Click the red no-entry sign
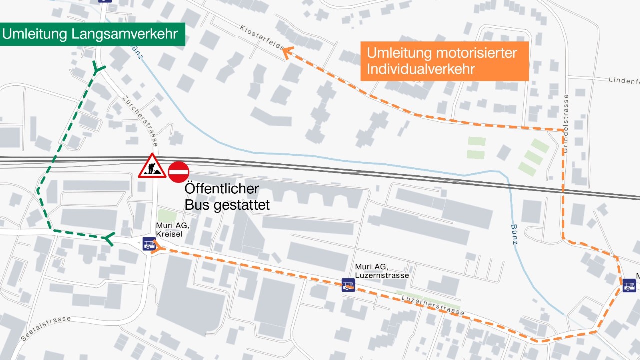point(178,172)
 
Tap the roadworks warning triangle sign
point(152,167)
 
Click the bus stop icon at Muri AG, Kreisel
point(149,243)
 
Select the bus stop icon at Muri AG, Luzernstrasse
point(348,285)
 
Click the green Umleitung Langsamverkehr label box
point(92,34)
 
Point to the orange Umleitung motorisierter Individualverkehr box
point(444,61)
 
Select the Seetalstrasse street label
point(46,329)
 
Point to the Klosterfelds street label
point(261,38)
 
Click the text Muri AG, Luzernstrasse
point(382,271)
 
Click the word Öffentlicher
point(222,189)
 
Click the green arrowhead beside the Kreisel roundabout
point(109,239)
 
